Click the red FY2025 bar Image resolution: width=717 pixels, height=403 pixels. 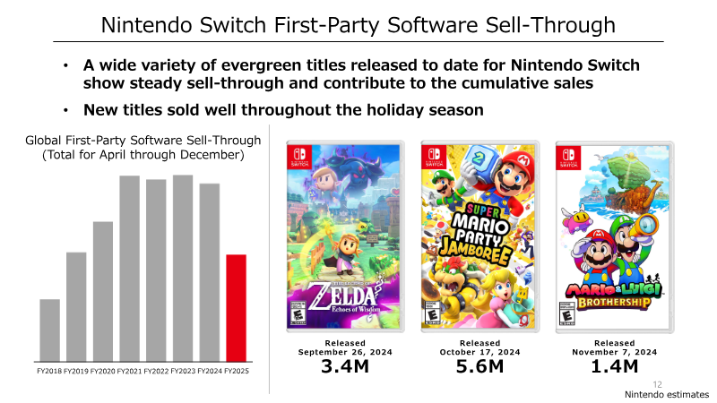(236, 308)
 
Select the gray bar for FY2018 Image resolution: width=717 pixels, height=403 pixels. (50, 330)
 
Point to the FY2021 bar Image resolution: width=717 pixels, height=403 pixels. (129, 269)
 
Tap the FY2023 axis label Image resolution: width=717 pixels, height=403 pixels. (183, 371)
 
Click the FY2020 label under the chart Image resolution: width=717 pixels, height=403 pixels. (102, 371)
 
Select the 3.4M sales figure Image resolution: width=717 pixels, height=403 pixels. (345, 366)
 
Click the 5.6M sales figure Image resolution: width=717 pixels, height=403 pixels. (479, 366)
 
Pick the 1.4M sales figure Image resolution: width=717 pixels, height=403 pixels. (615, 366)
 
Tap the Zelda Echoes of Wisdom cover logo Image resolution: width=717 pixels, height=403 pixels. (344, 298)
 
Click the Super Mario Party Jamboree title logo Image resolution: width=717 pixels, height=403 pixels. (476, 234)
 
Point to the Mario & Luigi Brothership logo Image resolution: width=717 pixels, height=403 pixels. (614, 296)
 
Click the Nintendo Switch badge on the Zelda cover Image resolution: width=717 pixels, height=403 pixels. (299, 156)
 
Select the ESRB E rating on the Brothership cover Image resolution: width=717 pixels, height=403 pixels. (567, 314)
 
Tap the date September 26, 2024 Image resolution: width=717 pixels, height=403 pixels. (345, 352)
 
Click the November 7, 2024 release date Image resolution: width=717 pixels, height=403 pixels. (615, 352)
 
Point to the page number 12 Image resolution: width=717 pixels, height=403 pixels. (658, 385)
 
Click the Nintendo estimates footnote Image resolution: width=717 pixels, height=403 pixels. (667, 395)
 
